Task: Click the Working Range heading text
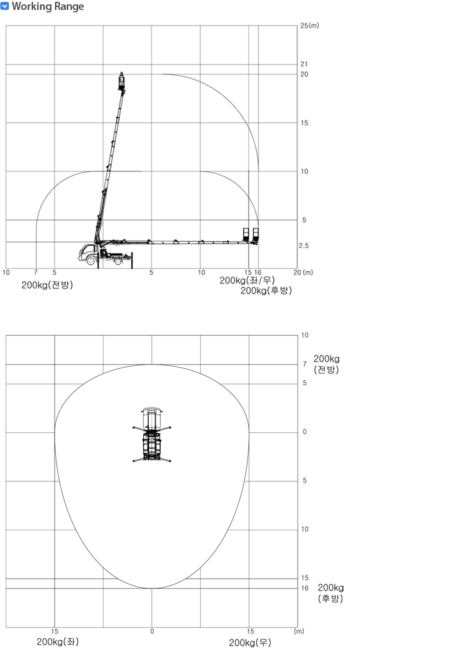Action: [x=48, y=7]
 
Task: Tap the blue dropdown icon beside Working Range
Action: [x=4, y=7]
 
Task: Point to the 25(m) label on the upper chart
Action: [x=309, y=25]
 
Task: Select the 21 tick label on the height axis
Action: [x=304, y=64]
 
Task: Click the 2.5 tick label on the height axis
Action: [x=304, y=246]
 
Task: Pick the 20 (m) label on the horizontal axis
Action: [x=303, y=272]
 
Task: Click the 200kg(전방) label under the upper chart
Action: [x=47, y=285]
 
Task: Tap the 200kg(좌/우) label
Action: [x=247, y=280]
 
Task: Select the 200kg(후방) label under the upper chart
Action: [x=266, y=291]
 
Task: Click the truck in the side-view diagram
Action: [x=104, y=254]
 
